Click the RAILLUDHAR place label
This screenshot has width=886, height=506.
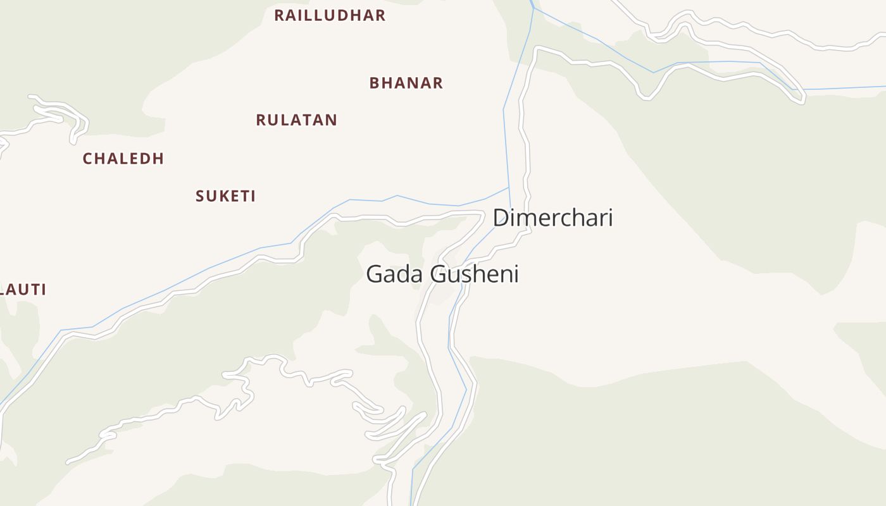[x=330, y=16]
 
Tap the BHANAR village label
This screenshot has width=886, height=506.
[x=406, y=83]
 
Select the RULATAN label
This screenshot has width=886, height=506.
[x=296, y=120]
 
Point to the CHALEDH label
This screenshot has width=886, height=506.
[x=123, y=159]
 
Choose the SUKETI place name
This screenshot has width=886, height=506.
[x=225, y=196]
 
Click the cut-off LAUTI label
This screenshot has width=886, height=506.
[x=23, y=290]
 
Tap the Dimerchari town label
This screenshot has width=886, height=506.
[x=552, y=218]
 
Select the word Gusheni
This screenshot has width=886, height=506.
[x=475, y=275]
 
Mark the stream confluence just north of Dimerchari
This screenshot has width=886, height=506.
[x=509, y=187]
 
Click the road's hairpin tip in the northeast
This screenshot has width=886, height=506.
[x=802, y=99]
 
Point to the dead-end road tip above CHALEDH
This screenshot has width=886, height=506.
[x=31, y=97]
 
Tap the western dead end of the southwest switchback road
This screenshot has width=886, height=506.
[x=68, y=462]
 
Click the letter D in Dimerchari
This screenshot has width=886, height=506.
[x=501, y=218]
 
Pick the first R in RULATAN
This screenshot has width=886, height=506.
[x=261, y=120]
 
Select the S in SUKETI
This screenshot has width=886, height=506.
[x=200, y=196]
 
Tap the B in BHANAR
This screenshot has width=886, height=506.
[x=375, y=83]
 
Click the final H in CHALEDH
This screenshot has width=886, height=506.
[x=158, y=159]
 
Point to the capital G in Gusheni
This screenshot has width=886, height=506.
[x=438, y=275]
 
